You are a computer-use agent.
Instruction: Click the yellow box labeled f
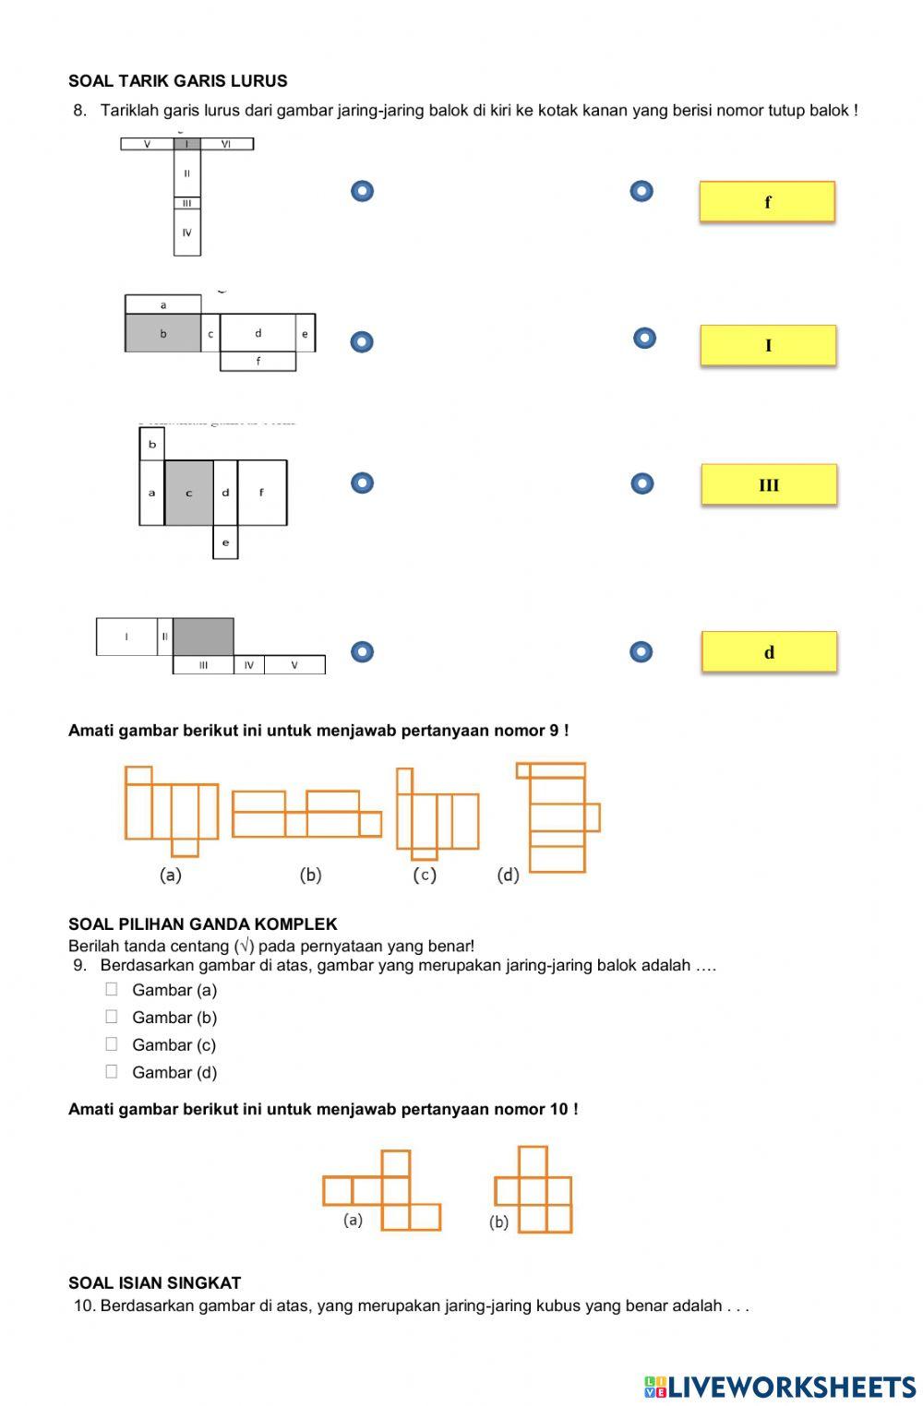(x=767, y=202)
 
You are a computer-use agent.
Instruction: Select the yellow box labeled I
(x=768, y=346)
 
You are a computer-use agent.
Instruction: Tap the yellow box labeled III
(x=769, y=485)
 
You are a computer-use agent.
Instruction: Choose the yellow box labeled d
(x=769, y=652)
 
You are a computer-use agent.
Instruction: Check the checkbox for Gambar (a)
(x=112, y=989)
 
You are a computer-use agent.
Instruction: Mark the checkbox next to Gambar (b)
(x=112, y=1017)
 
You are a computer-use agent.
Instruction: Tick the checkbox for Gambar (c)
(x=112, y=1044)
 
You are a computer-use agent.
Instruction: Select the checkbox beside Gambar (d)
(x=112, y=1072)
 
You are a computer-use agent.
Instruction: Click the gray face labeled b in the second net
(x=163, y=334)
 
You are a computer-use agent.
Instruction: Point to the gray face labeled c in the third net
(x=189, y=493)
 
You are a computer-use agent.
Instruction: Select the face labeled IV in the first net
(x=187, y=232)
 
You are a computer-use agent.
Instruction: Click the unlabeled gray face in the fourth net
(x=203, y=637)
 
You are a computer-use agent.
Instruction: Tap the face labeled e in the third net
(x=225, y=542)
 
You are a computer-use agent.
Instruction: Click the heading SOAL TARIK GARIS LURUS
(x=177, y=81)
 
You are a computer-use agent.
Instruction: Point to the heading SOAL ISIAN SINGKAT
(x=154, y=1283)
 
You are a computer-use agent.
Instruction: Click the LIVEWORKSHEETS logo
(x=780, y=1387)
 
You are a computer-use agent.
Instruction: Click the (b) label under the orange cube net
(x=499, y=1222)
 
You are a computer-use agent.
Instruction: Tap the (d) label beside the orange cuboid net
(x=509, y=875)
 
